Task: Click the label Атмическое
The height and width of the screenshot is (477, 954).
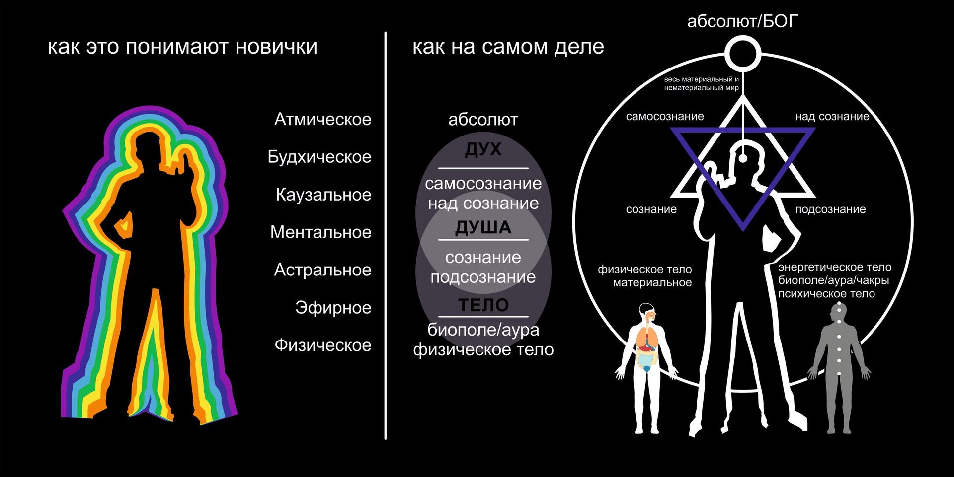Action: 322,120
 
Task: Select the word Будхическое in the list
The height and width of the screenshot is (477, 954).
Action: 319,157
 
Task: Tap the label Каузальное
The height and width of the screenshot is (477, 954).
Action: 323,195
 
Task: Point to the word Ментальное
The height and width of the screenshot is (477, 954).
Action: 320,232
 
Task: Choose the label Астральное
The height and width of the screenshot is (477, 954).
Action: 322,270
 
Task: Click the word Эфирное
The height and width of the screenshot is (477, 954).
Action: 333,308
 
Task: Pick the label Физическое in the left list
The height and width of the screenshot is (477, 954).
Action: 322,345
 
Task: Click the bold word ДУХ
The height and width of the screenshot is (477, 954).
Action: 483,150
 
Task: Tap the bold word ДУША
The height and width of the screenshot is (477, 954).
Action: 483,228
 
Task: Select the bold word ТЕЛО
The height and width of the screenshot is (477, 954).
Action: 483,305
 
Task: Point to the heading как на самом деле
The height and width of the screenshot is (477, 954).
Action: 508,47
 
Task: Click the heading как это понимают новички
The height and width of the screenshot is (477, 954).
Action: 182,47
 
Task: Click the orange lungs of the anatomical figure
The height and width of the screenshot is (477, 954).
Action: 646,339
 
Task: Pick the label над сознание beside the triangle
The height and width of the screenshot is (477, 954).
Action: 832,117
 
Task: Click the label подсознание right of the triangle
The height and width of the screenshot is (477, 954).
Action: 830,209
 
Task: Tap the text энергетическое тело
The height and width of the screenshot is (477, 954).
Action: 834,268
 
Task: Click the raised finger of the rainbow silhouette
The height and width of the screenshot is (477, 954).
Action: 184,160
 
